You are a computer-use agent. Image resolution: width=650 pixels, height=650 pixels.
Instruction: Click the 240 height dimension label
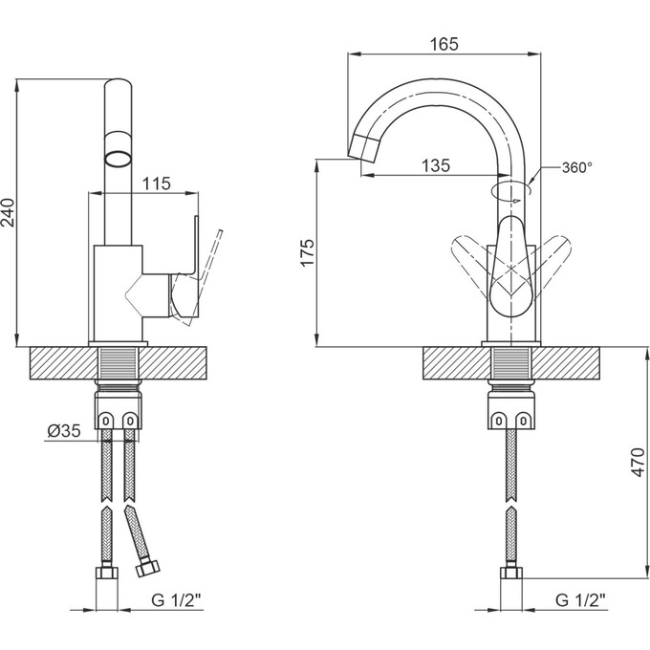point(10,212)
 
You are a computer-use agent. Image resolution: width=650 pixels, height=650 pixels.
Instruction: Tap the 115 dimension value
point(156,183)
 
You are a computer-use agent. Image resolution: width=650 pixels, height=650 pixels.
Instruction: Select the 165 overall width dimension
point(444,44)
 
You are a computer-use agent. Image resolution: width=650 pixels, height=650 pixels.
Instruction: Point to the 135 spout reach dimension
point(436,165)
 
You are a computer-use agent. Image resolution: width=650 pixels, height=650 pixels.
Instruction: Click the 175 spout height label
point(308,252)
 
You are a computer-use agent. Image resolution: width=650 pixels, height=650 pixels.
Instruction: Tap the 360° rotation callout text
point(577,167)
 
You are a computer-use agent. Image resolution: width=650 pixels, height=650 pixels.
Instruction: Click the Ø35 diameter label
point(64,431)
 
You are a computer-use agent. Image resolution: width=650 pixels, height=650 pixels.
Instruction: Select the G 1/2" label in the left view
point(177,599)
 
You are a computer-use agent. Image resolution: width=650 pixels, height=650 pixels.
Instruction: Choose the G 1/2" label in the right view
point(580,599)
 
